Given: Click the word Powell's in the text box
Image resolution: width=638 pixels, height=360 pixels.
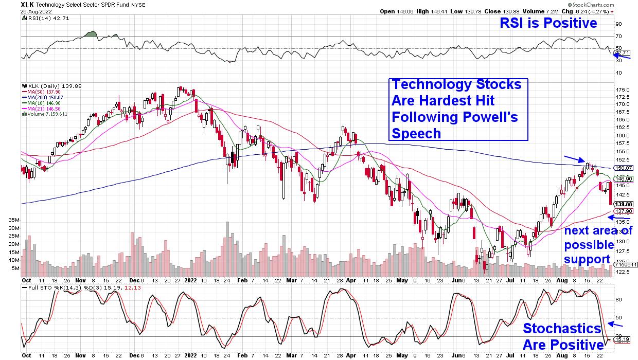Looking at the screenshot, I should tap(492, 117).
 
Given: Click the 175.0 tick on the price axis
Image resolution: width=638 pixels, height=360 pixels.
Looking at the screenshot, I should tap(623, 89).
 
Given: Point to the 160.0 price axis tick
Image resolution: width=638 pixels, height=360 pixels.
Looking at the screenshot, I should tap(623, 136).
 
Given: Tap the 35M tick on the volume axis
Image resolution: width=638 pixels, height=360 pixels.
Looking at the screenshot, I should tap(13, 220).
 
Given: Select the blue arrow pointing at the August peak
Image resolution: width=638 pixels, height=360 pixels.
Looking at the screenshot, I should tap(574, 158).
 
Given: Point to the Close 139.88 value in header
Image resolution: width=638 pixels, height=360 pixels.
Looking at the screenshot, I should tap(494, 11).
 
